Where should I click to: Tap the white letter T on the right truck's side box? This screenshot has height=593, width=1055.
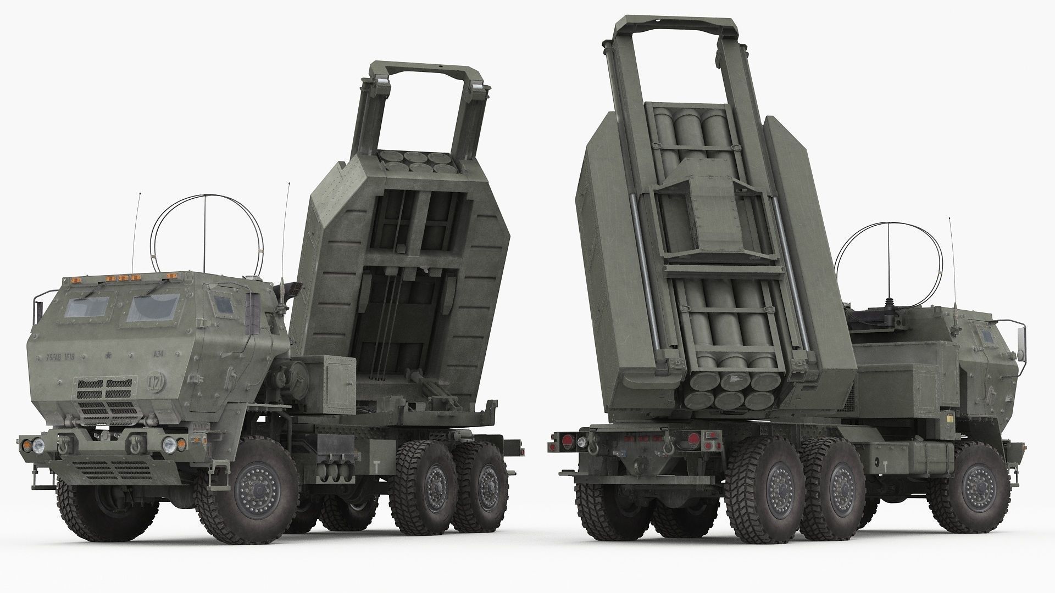point(886,466)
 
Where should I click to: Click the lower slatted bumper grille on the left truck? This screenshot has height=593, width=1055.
point(112,469)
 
